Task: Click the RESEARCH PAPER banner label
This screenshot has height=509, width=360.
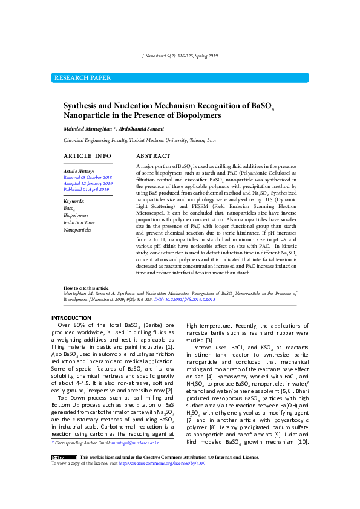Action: pos(83,77)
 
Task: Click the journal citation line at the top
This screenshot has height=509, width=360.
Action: pos(180,56)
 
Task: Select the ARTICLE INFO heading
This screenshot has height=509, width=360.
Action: pos(87,156)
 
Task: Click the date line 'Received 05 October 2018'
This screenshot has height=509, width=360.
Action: pos(88,177)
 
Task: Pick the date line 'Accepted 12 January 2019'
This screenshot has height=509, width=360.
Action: pos(88,183)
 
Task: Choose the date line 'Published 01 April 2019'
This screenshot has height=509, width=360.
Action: pos(86,189)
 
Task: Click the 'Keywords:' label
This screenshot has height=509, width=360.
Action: pos(74,201)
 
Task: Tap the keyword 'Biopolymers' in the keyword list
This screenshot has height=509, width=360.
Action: pos(76,215)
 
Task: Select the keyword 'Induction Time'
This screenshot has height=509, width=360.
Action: pos(79,222)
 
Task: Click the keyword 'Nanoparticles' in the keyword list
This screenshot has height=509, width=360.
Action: pos(78,230)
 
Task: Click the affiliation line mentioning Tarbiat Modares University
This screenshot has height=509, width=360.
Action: pos(139,140)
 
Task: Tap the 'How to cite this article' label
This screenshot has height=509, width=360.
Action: pos(87,288)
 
